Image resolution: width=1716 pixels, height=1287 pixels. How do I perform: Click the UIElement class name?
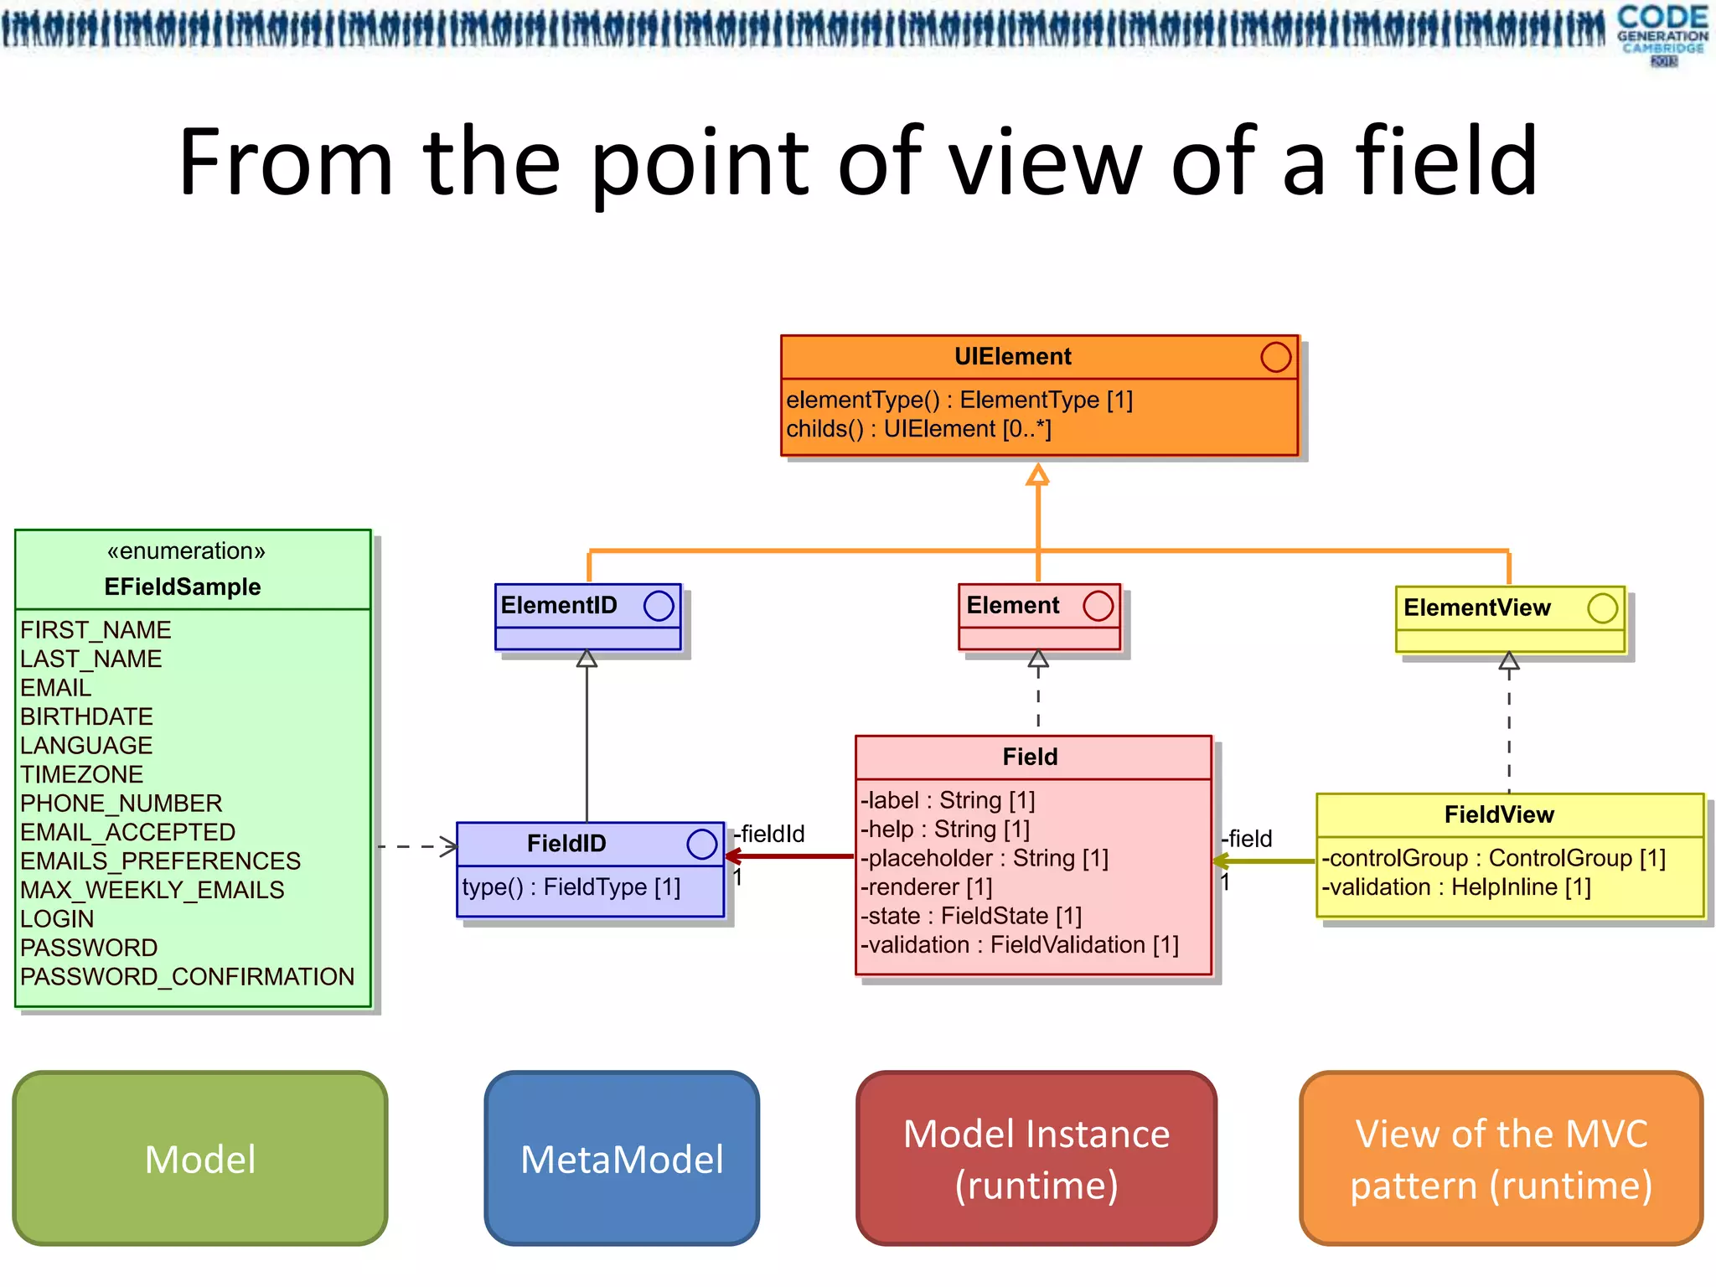click(x=1012, y=357)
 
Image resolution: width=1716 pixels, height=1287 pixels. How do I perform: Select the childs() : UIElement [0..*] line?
click(x=918, y=429)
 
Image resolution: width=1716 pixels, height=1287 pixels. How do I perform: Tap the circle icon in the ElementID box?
click(x=659, y=606)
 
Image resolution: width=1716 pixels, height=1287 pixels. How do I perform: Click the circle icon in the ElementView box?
click(x=1602, y=608)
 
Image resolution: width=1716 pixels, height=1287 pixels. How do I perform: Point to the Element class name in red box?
click(x=1012, y=605)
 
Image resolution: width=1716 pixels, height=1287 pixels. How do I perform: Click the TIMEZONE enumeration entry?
click(x=82, y=774)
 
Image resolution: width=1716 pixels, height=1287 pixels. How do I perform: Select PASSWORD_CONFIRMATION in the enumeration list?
click(x=187, y=977)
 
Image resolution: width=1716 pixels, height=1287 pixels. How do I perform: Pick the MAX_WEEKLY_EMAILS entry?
click(x=152, y=890)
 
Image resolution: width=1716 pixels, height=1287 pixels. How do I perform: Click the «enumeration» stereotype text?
click(x=186, y=551)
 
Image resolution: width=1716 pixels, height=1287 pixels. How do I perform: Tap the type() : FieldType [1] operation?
click(x=571, y=887)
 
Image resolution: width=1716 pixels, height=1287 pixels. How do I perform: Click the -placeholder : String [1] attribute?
click(x=985, y=859)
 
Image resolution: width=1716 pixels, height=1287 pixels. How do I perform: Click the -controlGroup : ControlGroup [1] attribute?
click(x=1493, y=859)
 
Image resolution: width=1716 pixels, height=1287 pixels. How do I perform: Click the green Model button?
click(x=200, y=1159)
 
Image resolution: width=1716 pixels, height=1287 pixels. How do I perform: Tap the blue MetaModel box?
click(x=622, y=1159)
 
